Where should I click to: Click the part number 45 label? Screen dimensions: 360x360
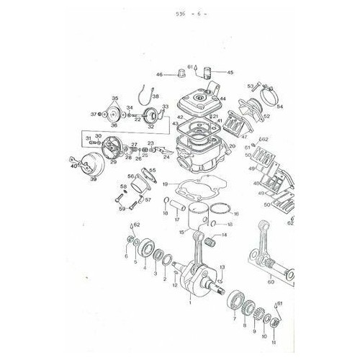(x=230, y=73)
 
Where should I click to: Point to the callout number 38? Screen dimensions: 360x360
(x=156, y=96)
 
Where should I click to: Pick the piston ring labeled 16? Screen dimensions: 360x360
(x=222, y=210)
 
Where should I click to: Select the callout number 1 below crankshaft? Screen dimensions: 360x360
(x=189, y=303)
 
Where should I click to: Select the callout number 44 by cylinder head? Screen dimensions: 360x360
(x=222, y=99)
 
